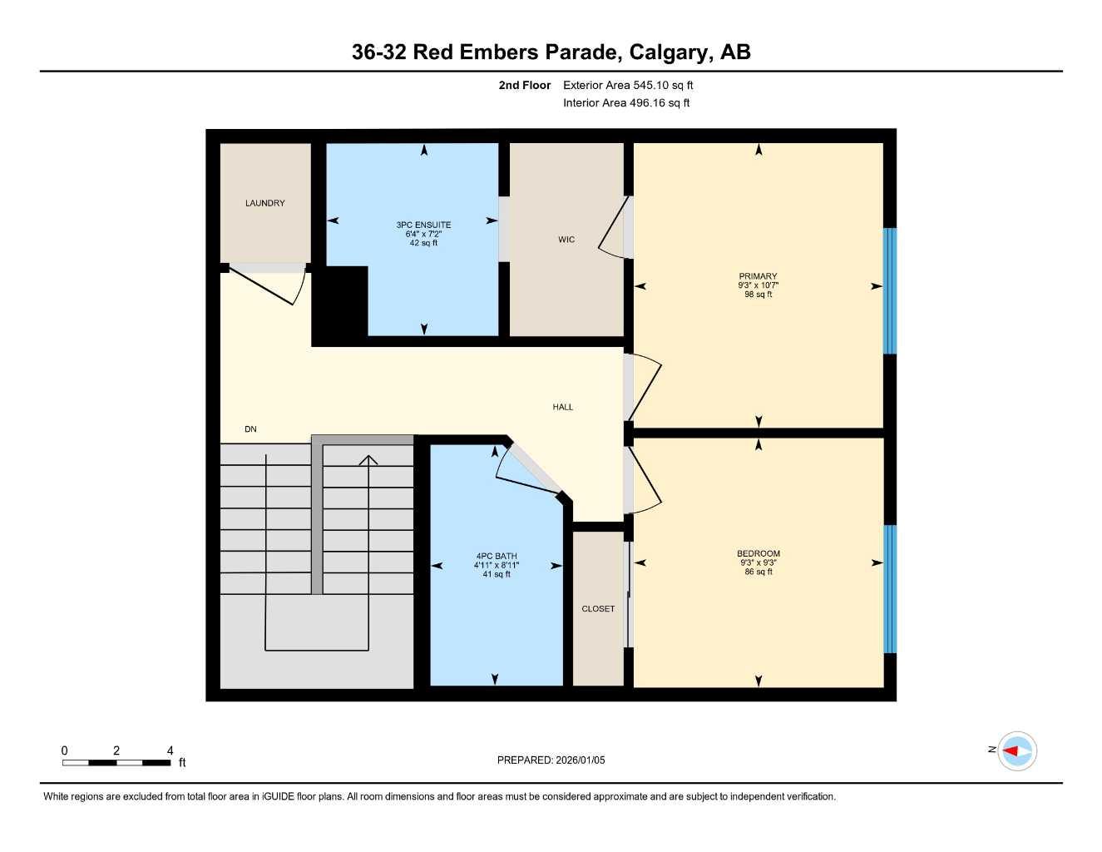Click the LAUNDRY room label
(264, 203)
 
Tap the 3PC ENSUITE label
(423, 225)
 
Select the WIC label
(566, 240)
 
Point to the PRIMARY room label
(758, 276)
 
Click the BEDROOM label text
(758, 553)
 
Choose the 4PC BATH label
(496, 556)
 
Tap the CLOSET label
(598, 609)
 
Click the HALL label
(563, 407)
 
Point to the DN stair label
(250, 429)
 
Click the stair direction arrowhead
(368, 460)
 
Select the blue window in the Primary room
(889, 290)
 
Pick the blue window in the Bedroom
(889, 588)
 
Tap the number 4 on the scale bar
(170, 750)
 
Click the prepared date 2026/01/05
(581, 760)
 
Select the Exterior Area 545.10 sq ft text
(628, 85)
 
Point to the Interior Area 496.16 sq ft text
(626, 103)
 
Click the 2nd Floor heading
(524, 85)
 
